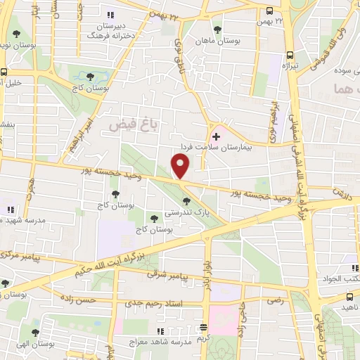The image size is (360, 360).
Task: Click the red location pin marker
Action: pyautogui.click(x=181, y=167)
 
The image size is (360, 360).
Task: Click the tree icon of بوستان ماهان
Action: pyautogui.click(x=217, y=30)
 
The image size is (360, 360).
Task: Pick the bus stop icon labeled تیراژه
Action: pyautogui.click(x=290, y=56)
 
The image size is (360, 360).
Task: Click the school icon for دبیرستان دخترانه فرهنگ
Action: pyautogui.click(x=108, y=15)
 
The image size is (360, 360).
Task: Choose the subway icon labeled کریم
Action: pyautogui.click(x=204, y=328)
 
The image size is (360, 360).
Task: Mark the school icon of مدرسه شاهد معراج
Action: pyautogui.click(x=161, y=330)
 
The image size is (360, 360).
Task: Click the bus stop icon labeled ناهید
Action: pyautogui.click(x=346, y=297)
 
